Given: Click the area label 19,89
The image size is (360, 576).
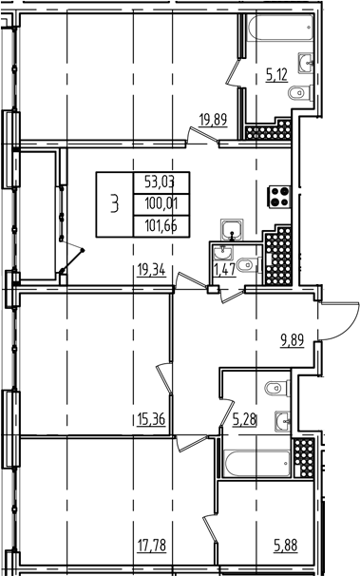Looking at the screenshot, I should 214,119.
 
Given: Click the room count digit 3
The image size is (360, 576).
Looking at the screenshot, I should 114,202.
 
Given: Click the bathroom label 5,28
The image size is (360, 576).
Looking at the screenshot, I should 246,415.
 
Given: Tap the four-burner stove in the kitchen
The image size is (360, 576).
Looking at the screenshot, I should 281,197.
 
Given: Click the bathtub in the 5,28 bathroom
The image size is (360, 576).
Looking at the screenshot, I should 254,464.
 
